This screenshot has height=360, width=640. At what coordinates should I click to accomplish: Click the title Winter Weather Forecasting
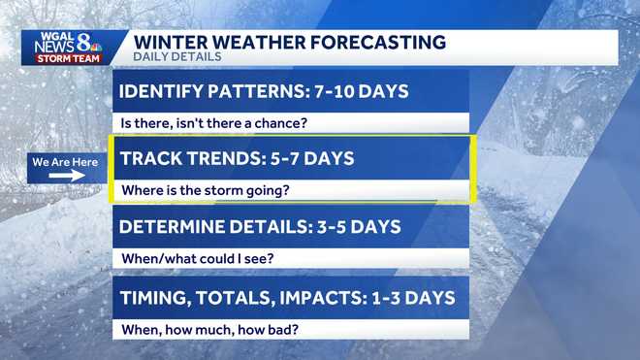[x=289, y=42]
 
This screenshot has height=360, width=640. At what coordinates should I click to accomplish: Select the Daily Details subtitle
[x=176, y=57]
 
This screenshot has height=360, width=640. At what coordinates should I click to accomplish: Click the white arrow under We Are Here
[x=66, y=178]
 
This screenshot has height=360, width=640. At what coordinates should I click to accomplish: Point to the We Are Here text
[x=65, y=162]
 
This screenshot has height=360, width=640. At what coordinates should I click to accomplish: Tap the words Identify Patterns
[x=203, y=92]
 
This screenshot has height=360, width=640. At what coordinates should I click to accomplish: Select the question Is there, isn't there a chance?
[x=213, y=123]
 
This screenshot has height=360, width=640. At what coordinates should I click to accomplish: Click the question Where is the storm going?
[x=205, y=190]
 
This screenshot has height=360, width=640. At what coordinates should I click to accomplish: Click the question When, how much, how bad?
[x=209, y=329]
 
